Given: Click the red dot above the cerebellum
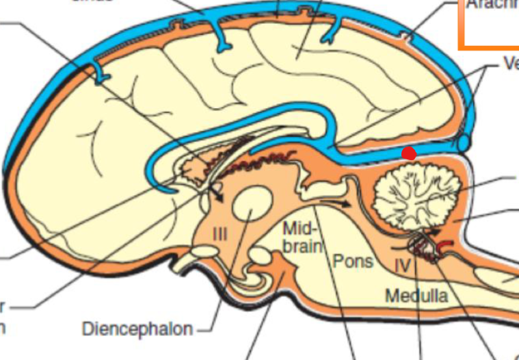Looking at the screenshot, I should [x=409, y=153].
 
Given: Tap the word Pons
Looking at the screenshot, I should [x=353, y=261].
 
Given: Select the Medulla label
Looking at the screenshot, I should [x=416, y=296].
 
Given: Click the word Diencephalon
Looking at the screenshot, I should [x=137, y=329].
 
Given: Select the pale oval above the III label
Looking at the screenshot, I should [x=251, y=205].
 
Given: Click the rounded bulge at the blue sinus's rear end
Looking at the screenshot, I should [x=465, y=142].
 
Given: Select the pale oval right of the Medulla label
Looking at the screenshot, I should [x=492, y=278].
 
